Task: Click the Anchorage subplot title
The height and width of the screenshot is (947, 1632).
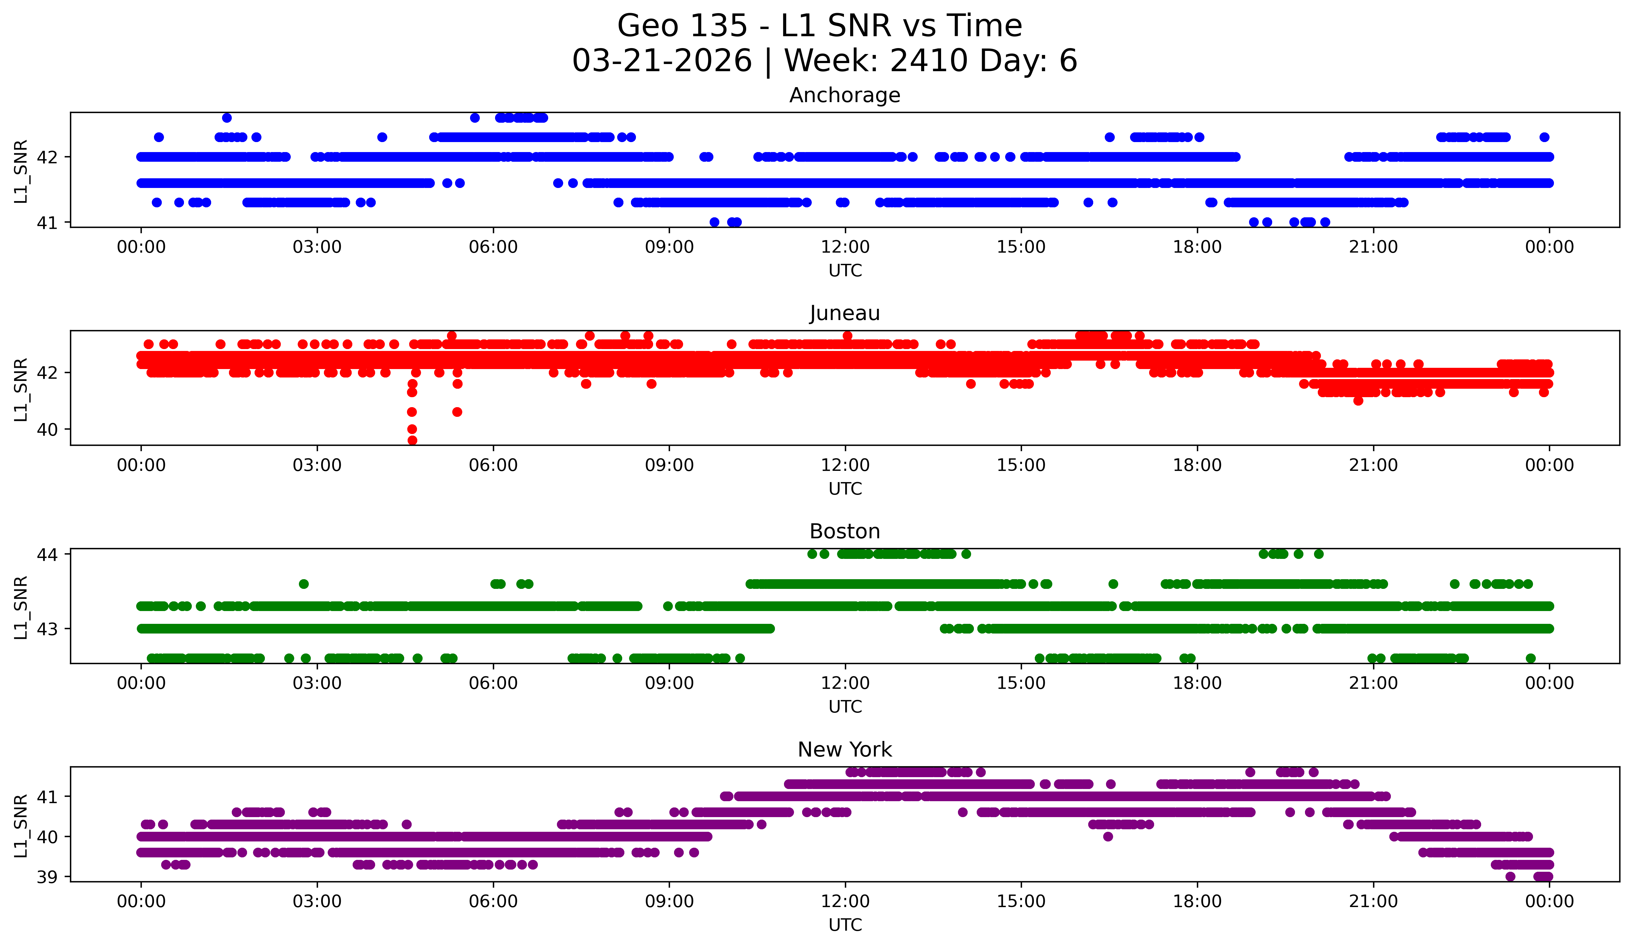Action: tap(845, 95)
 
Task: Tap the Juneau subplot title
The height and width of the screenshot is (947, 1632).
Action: tap(845, 313)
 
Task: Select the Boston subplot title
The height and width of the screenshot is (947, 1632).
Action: tap(845, 531)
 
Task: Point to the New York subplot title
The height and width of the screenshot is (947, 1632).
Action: tap(845, 750)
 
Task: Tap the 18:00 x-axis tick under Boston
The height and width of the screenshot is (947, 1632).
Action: tap(1197, 683)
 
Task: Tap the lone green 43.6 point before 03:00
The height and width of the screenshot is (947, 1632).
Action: tap(304, 584)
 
